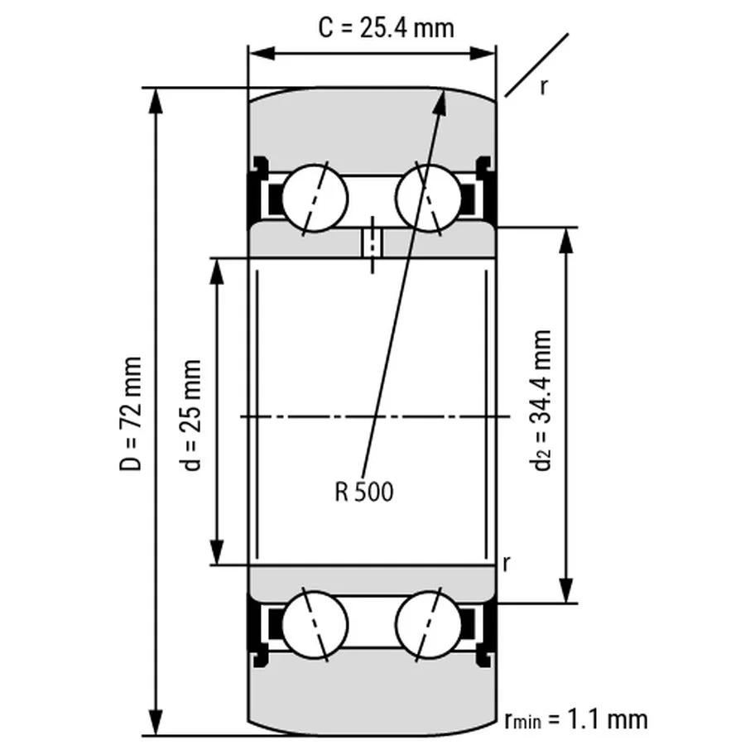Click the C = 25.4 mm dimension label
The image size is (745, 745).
tap(387, 28)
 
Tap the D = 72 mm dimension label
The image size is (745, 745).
tap(131, 414)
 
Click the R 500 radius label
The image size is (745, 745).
tap(364, 493)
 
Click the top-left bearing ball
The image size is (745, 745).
tap(315, 199)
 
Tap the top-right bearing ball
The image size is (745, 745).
tap(429, 199)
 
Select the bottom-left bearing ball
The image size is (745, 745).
tap(315, 622)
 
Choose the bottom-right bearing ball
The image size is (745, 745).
tap(429, 622)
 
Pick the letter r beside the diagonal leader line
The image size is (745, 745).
tap(543, 86)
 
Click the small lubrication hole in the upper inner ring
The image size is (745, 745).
tap(372, 243)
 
